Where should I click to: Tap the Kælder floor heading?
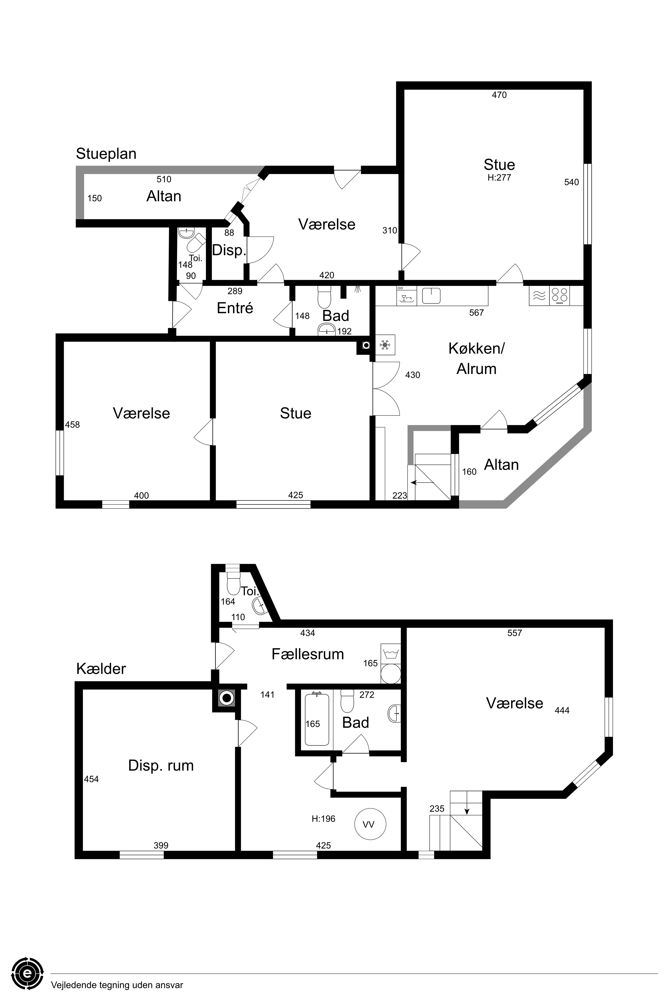(101, 669)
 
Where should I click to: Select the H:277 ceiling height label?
(499, 178)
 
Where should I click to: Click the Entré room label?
(235, 308)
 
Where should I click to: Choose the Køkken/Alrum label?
(476, 358)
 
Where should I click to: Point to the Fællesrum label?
(308, 654)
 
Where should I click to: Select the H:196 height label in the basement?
(323, 818)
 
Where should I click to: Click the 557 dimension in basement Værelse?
(515, 633)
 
